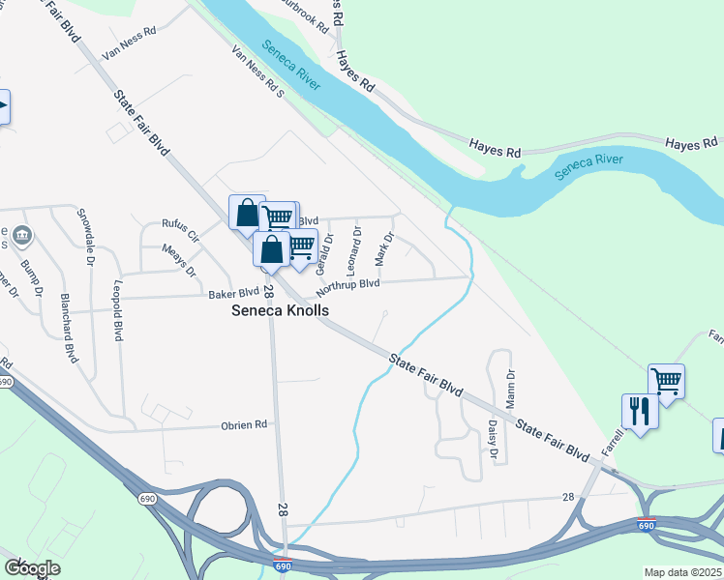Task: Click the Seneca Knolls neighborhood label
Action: (x=280, y=310)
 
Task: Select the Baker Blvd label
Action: (x=233, y=293)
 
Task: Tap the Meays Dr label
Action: (x=179, y=257)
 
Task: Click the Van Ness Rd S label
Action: (x=256, y=74)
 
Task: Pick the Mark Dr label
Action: (x=384, y=249)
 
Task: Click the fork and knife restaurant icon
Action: (x=640, y=411)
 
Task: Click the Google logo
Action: (x=31, y=568)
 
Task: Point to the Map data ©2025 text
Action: (x=683, y=572)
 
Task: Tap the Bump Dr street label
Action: (x=32, y=277)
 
